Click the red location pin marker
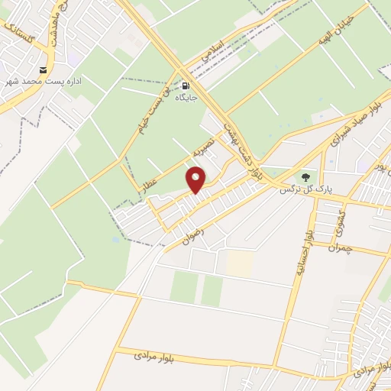[197, 181]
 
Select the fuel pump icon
[185, 86]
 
